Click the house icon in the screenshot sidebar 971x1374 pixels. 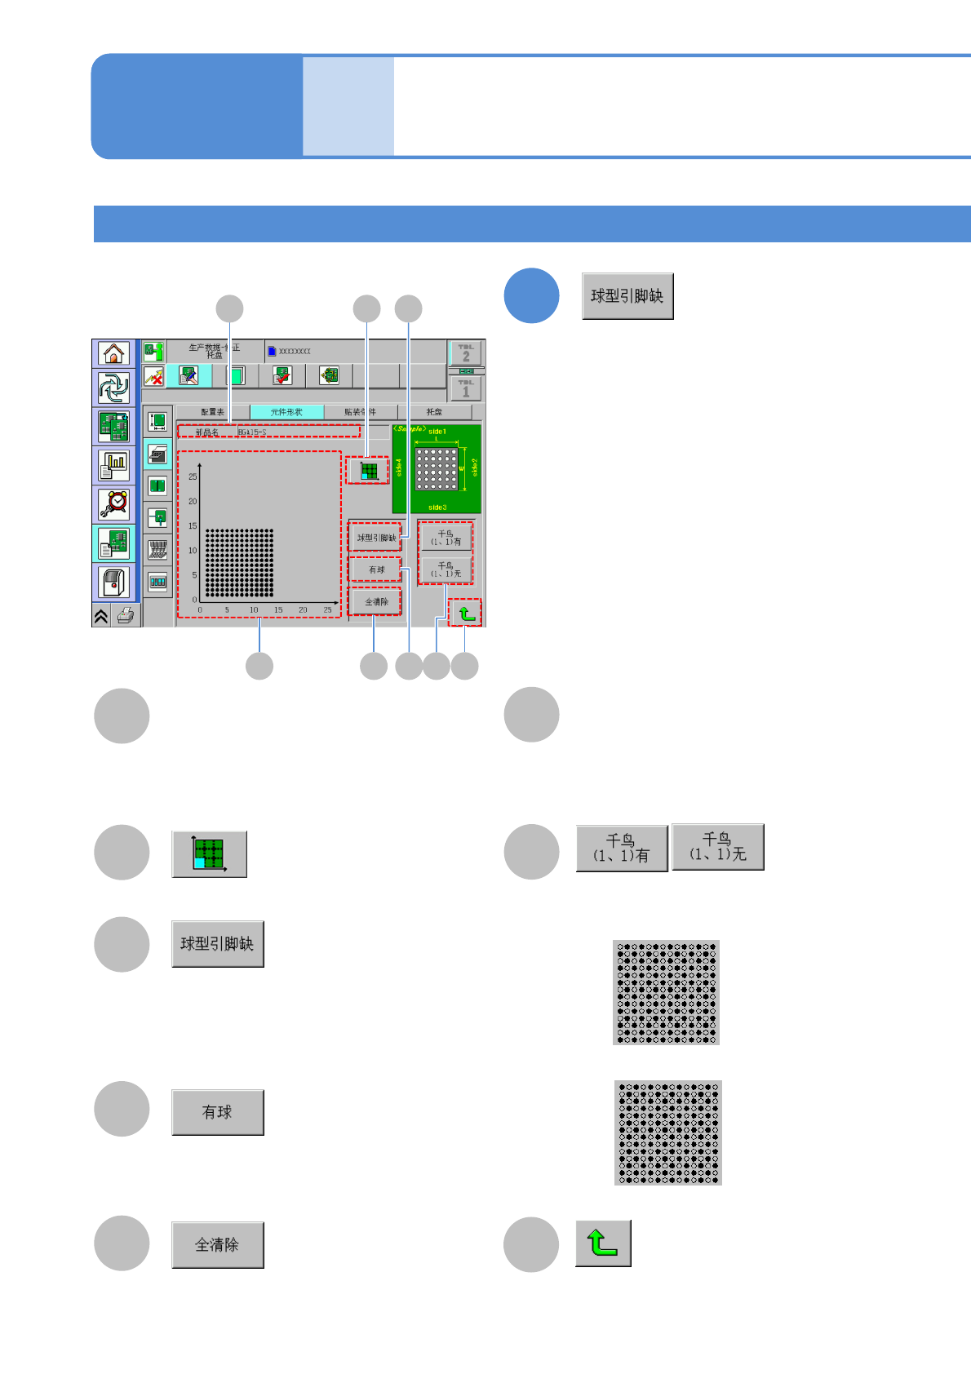coord(113,353)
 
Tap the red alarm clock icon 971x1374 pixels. coord(114,503)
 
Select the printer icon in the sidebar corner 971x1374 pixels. coord(126,615)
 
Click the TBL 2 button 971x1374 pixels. coord(466,352)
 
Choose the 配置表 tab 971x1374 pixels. coord(213,412)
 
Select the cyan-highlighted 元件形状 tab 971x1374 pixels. coord(286,412)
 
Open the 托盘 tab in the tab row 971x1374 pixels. coord(434,412)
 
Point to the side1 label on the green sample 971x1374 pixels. coord(437,432)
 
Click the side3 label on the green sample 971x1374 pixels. coord(437,507)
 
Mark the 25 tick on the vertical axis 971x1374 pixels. coord(193,476)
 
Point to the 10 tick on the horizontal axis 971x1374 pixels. coord(254,610)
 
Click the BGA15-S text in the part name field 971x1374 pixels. coord(252,432)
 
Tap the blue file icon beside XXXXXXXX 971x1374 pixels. coord(272,351)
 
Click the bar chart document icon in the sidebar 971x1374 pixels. coord(114,465)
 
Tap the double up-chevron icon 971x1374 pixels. coord(101,616)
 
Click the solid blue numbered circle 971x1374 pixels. coord(531,295)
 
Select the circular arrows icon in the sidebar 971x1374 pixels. coord(113,388)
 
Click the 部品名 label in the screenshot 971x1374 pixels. coord(207,432)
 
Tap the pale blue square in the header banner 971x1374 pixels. coord(348,106)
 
